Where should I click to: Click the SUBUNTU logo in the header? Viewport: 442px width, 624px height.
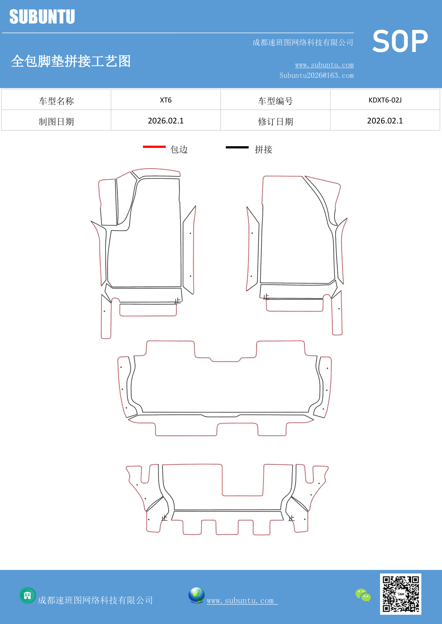[x=42, y=17]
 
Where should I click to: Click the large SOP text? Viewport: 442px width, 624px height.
[x=400, y=41]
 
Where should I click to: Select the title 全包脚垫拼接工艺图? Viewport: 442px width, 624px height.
[x=71, y=61]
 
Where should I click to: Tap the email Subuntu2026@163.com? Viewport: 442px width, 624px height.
[x=316, y=75]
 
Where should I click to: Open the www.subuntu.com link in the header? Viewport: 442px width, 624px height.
[x=324, y=65]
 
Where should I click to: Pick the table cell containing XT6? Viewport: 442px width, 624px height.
[x=166, y=100]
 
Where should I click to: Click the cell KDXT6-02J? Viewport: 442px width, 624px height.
[x=385, y=100]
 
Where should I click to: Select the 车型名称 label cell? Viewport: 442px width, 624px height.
[x=56, y=101]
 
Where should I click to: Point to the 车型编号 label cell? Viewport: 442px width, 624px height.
[x=275, y=101]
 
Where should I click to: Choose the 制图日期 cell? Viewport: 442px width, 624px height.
[x=56, y=122]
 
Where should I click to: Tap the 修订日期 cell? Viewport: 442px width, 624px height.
[x=275, y=122]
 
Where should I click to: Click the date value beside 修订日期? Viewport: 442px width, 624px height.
[x=385, y=121]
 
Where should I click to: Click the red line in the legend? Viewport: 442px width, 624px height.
[x=154, y=147]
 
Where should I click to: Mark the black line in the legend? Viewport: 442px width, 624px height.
[x=237, y=147]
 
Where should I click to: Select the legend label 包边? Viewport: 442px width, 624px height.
[x=179, y=149]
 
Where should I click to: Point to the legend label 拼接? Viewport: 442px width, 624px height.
[x=264, y=149]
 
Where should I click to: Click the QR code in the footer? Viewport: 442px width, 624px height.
[x=400, y=594]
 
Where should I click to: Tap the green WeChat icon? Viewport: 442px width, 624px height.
[x=363, y=595]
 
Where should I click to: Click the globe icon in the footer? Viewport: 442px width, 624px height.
[x=196, y=595]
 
